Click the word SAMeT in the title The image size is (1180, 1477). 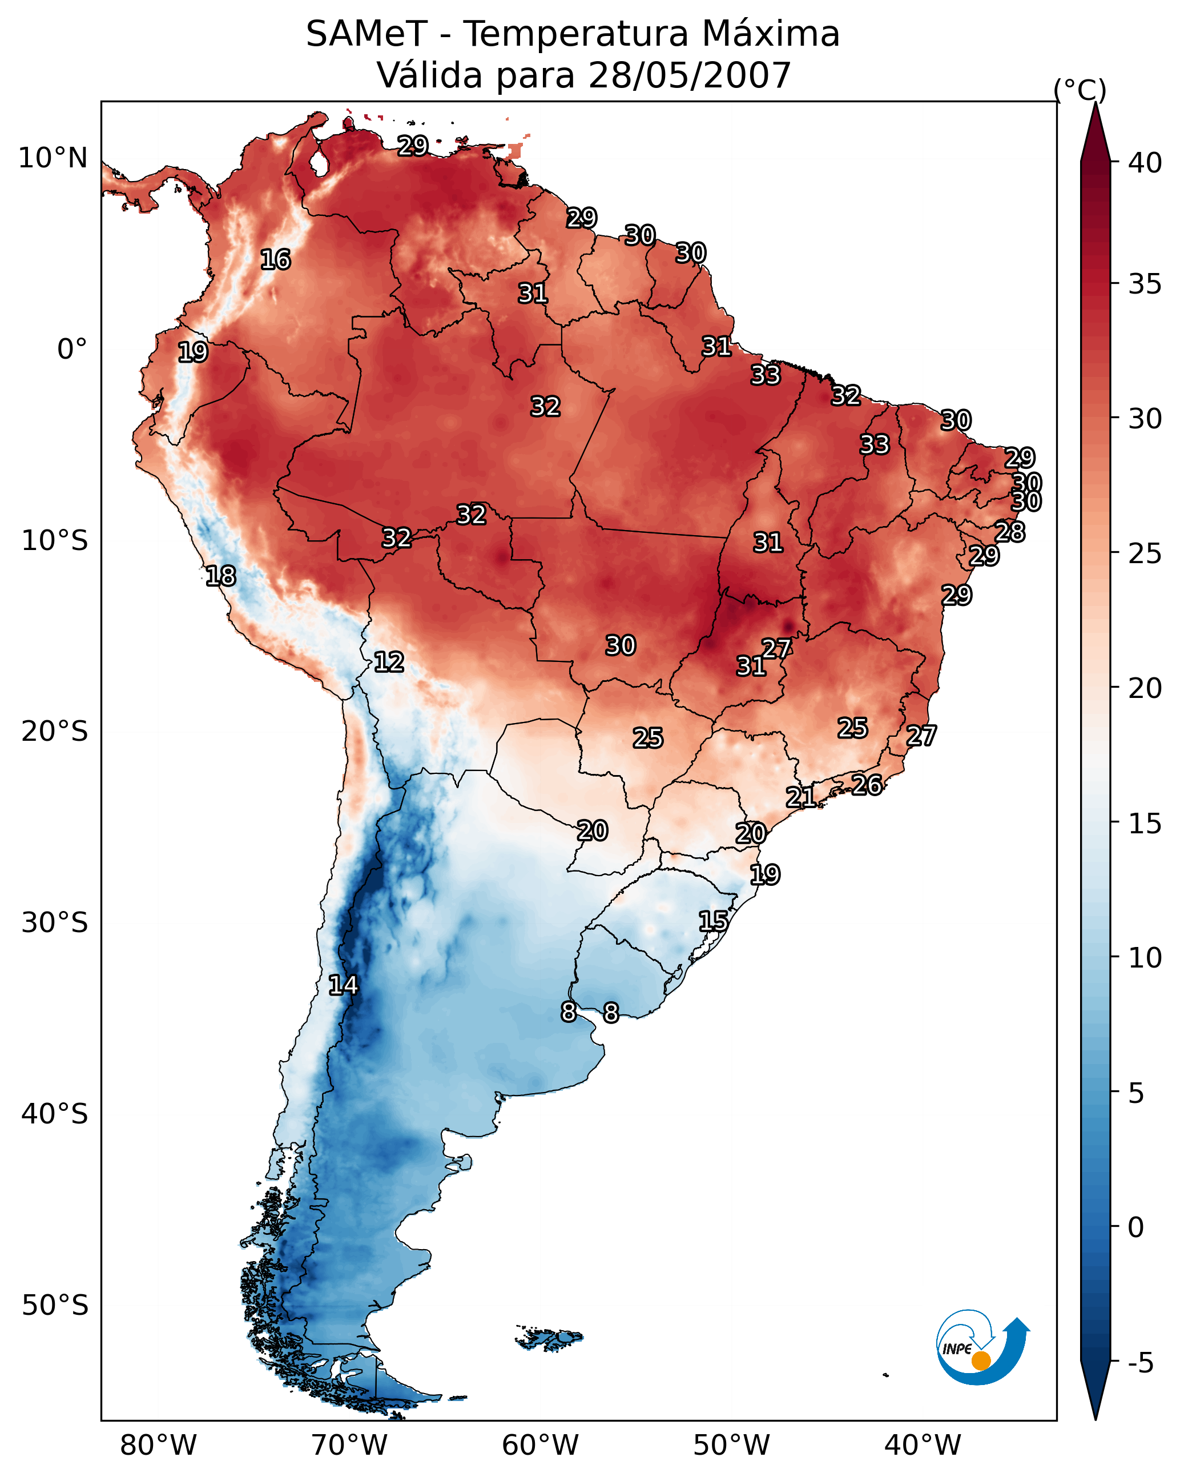coord(367,34)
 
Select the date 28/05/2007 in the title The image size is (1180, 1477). coord(689,75)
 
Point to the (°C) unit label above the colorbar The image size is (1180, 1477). coord(1080,90)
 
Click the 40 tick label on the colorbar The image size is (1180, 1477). coord(1145,163)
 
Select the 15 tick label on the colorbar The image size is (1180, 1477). coord(1145,824)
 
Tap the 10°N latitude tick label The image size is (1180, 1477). coord(54,158)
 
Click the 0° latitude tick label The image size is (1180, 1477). coord(72,350)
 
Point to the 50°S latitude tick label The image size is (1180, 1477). coord(55,1306)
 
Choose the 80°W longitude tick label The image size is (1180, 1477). coord(158,1445)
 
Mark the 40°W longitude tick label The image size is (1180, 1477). coord(923,1445)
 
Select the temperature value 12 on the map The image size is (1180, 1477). coord(388,662)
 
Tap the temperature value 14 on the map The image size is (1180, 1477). coord(343,985)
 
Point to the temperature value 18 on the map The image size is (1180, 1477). coord(220,576)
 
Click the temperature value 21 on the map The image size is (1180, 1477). coord(800,797)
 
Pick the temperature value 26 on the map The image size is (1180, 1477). coord(867,784)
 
